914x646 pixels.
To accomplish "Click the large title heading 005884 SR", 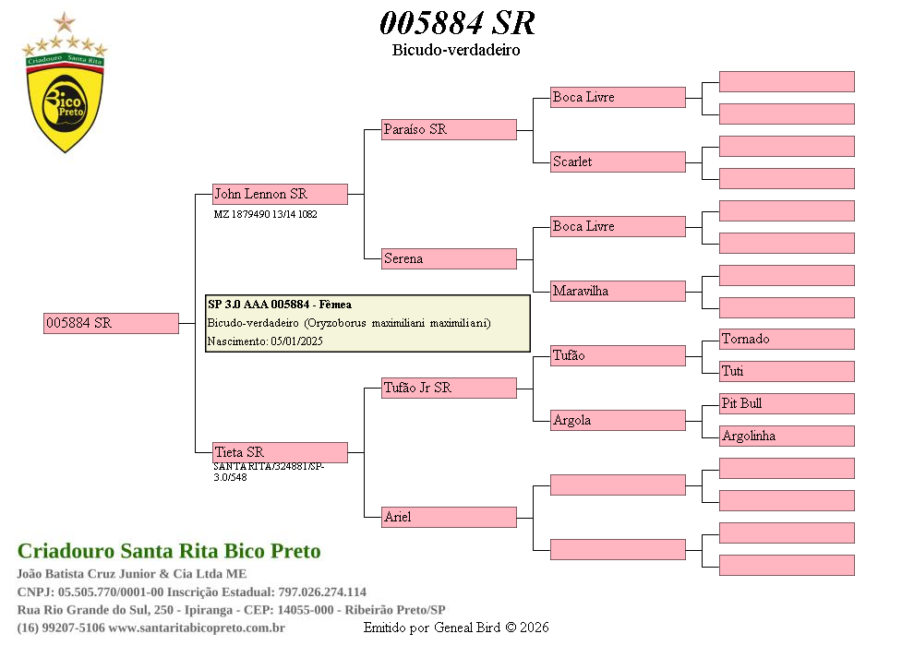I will tap(457, 23).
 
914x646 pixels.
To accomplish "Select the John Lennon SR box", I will tap(280, 194).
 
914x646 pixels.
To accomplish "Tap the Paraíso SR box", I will tap(449, 129).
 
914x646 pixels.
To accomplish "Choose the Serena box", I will tap(449, 258).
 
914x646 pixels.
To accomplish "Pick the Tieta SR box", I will tap(280, 452).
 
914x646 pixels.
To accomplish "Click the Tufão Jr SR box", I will tap(449, 388).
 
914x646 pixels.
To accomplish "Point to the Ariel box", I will tap(449, 517).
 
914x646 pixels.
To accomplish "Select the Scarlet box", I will tap(618, 161).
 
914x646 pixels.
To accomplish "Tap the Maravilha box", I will tap(618, 291).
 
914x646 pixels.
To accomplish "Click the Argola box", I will tap(618, 420).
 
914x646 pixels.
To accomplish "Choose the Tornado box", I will tap(787, 339).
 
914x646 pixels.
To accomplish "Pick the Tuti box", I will tap(787, 371).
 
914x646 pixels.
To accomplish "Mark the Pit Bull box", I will tap(787, 403).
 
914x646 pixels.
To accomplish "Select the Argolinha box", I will tap(787, 436).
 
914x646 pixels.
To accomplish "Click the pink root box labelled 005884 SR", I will tap(111, 323).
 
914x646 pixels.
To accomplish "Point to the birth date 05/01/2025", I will tap(296, 341).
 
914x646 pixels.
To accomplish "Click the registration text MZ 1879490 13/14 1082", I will tap(265, 214).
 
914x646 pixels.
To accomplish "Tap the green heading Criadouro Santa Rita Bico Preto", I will tap(169, 551).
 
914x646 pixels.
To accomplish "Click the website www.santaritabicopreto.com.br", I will tap(197, 628).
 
